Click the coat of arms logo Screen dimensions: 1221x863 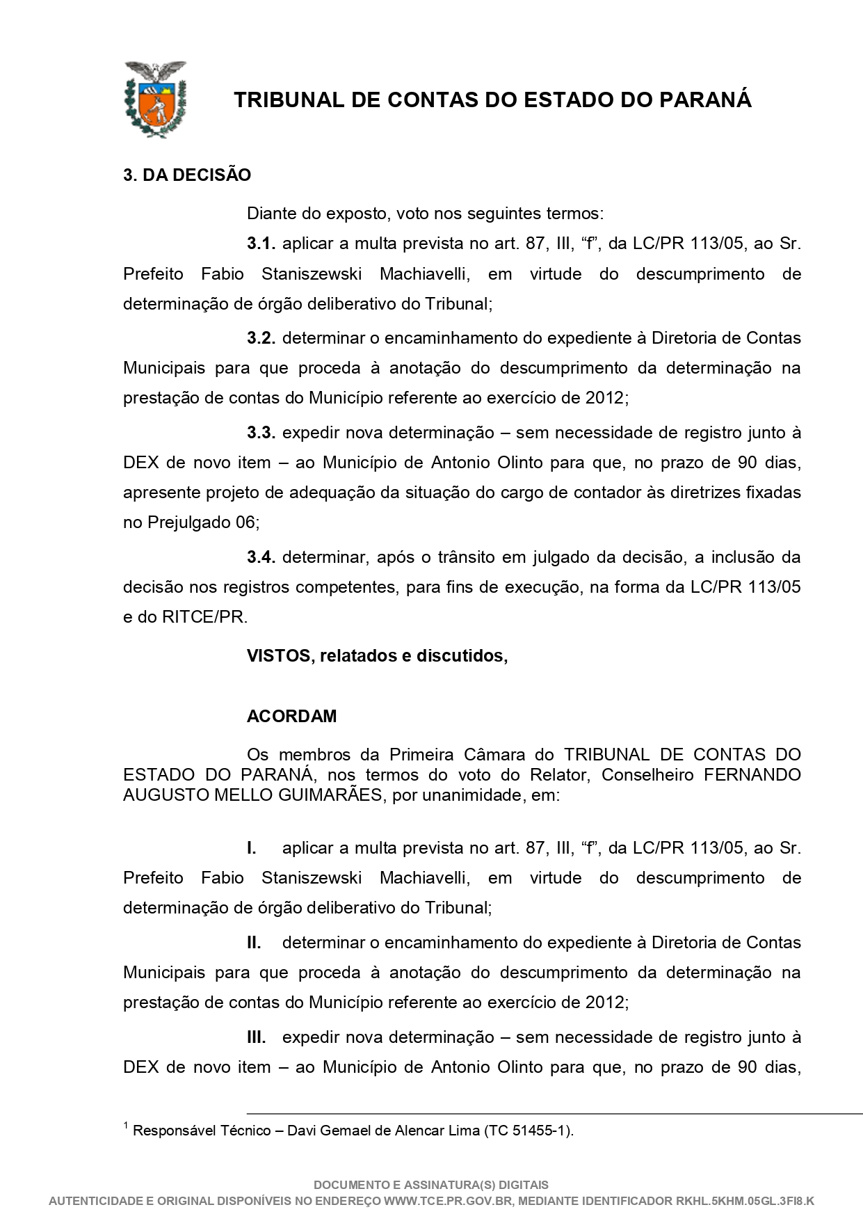pyautogui.click(x=155, y=99)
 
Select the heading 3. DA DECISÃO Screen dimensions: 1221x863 pyautogui.click(x=187, y=175)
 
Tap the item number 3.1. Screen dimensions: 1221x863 pyautogui.click(x=261, y=244)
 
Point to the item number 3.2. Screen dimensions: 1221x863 pyautogui.click(x=261, y=338)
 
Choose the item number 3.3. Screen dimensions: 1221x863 pyautogui.click(x=261, y=433)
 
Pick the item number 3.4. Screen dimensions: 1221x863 pyautogui.click(x=261, y=557)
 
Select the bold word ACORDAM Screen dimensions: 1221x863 pyautogui.click(x=291, y=717)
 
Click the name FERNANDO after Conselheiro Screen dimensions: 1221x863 pyautogui.click(x=752, y=774)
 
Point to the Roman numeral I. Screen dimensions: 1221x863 pyautogui.click(x=252, y=848)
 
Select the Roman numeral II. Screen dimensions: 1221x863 pyautogui.click(x=254, y=943)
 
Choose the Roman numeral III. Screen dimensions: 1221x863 pyautogui.click(x=257, y=1037)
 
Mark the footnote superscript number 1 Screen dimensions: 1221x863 pyautogui.click(x=126, y=1125)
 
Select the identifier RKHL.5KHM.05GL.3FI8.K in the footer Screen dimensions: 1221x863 pyautogui.click(x=745, y=1201)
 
